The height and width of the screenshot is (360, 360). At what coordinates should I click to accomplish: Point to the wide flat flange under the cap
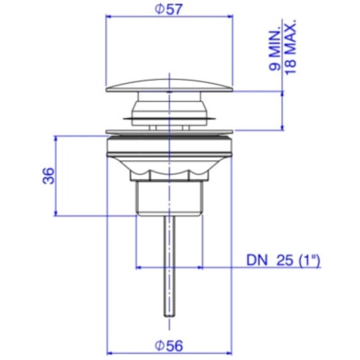tap(168, 133)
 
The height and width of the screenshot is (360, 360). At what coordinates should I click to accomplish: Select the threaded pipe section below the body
tap(168, 195)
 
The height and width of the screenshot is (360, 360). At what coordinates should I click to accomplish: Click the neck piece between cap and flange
tap(168, 111)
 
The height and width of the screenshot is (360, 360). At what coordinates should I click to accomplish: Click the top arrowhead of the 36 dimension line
tap(57, 137)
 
